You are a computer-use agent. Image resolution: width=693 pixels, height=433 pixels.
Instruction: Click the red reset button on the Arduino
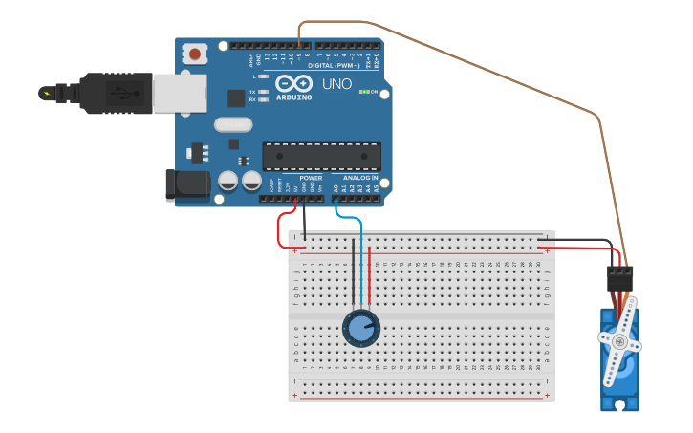pyautogui.click(x=195, y=54)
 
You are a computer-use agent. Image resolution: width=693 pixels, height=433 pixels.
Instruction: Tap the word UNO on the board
pyautogui.click(x=336, y=84)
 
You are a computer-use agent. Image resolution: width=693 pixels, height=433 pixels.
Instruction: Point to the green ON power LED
pyautogui.click(x=362, y=92)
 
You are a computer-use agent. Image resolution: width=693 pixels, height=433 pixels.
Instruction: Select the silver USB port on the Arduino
pyautogui.click(x=180, y=93)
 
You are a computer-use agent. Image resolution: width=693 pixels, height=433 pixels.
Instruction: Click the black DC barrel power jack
pyautogui.click(x=187, y=184)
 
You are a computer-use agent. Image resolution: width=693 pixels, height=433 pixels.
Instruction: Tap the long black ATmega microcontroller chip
pyautogui.click(x=321, y=157)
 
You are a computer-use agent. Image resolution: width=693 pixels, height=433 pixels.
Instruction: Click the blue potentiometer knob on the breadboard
pyautogui.click(x=360, y=328)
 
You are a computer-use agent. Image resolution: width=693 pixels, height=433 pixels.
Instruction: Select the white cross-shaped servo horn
pyautogui.click(x=619, y=338)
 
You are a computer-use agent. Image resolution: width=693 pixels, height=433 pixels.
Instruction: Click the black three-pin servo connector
pyautogui.click(x=619, y=278)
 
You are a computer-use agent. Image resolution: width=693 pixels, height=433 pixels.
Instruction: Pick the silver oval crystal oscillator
pyautogui.click(x=233, y=124)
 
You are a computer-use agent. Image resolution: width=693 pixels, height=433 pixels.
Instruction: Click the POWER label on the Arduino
pyautogui.click(x=311, y=178)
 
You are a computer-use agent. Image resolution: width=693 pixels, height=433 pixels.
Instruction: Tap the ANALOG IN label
pyautogui.click(x=360, y=178)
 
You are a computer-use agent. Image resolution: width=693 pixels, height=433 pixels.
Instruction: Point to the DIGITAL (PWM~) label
pyautogui.click(x=328, y=65)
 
